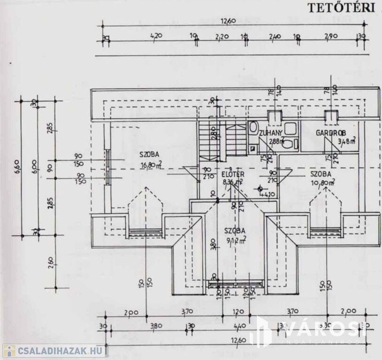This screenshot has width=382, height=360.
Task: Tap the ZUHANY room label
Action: [x=271, y=133]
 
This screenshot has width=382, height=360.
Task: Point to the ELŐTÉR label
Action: [x=233, y=174]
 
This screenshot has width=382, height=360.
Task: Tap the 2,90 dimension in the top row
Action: [x=331, y=36]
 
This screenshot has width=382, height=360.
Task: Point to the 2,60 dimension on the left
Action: [x=50, y=263]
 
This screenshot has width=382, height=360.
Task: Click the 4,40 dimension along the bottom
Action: [x=240, y=327]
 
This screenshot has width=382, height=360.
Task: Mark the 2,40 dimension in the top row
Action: [x=275, y=36]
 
